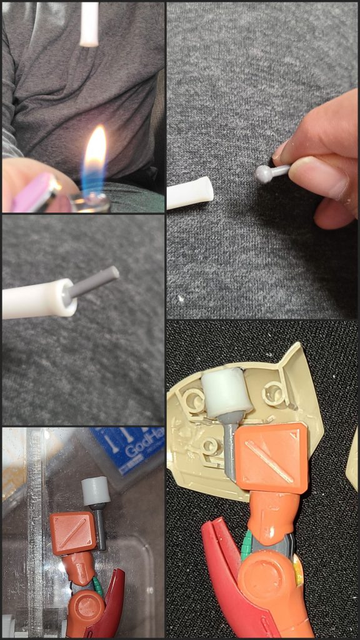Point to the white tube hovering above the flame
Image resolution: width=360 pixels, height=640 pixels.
click(89, 24)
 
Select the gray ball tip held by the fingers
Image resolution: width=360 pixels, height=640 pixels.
click(264, 174)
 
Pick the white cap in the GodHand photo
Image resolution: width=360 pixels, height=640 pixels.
click(96, 491)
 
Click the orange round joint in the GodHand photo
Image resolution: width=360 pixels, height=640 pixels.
click(84, 609)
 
